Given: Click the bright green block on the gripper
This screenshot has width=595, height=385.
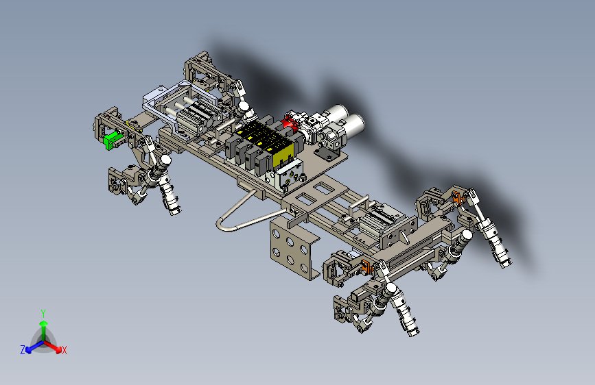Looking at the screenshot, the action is click(110, 140).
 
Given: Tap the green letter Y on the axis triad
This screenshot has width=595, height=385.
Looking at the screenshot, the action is click(43, 313).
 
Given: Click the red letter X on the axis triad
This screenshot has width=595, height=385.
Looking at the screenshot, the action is click(64, 351).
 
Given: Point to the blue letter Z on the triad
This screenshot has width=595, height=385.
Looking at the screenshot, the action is click(23, 350).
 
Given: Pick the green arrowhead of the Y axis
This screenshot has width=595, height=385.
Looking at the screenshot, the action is click(44, 323).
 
